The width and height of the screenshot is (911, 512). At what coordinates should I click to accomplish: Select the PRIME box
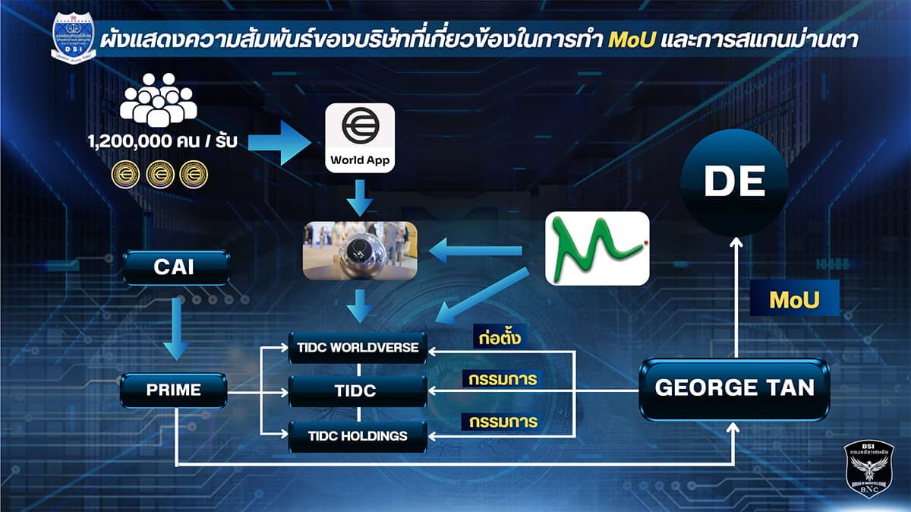[x=174, y=390]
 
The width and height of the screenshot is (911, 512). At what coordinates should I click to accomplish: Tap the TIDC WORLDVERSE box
[x=358, y=347]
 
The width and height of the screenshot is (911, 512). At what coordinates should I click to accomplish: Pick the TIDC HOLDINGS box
[x=358, y=436]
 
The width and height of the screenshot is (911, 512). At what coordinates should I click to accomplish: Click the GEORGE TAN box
[x=734, y=388]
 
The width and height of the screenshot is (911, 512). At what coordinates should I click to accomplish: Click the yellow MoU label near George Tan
[x=794, y=300]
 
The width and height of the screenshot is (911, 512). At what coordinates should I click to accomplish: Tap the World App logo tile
[x=360, y=137]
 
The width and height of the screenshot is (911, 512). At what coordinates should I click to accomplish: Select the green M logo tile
[x=597, y=248]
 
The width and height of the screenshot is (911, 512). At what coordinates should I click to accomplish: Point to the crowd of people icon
[x=158, y=100]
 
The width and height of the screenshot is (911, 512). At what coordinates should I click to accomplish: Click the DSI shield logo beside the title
[x=73, y=38]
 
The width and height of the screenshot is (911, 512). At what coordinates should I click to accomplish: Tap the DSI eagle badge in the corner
[x=870, y=469]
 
